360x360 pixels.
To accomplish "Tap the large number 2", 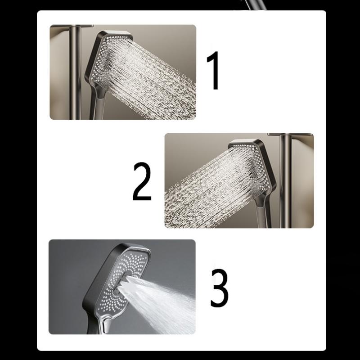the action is pos(142,181).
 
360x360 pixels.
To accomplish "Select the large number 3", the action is pos(220,288).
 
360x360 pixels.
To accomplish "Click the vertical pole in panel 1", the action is pos(75,72).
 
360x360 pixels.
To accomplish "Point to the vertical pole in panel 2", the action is pos(286,181).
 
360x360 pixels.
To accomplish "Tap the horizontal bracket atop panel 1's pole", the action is pos(72,26).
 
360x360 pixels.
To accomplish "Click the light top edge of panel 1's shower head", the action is pos(116,33).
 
